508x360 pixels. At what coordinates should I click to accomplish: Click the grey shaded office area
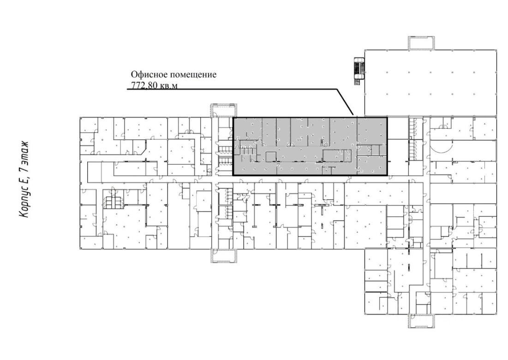tap(310, 146)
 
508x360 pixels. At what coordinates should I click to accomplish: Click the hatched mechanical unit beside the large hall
tap(359, 71)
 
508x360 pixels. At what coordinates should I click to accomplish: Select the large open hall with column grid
tap(430, 83)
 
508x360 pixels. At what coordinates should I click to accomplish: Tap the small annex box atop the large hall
tap(421, 43)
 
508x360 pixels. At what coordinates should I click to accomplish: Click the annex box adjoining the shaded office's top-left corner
tap(223, 110)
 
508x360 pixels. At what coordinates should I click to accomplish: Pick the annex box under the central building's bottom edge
tap(223, 256)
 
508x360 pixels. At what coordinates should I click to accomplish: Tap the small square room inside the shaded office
tap(270, 157)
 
